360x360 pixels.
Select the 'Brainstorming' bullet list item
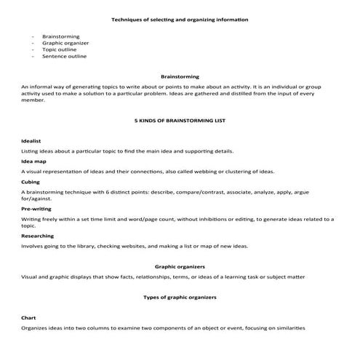coord(61,35)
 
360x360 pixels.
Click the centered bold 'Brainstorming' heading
coord(180,76)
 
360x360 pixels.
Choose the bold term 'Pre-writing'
coord(36,208)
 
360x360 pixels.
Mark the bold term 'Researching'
coord(37,236)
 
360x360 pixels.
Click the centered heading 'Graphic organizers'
coord(180,267)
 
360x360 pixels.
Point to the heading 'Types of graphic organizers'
coord(180,298)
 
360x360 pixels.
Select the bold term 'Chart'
coord(29,318)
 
